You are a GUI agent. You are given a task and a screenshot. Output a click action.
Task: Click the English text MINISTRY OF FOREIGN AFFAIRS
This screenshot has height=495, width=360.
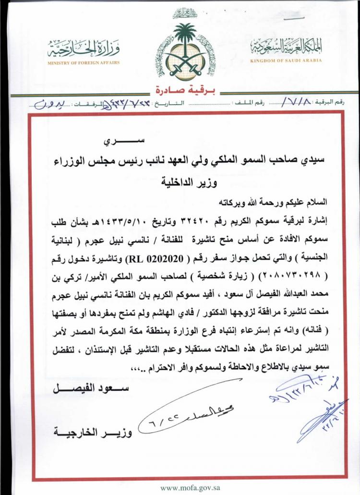(x=84, y=63)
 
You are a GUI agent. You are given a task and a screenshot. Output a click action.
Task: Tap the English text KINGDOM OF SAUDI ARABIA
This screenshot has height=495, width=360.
(x=286, y=61)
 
